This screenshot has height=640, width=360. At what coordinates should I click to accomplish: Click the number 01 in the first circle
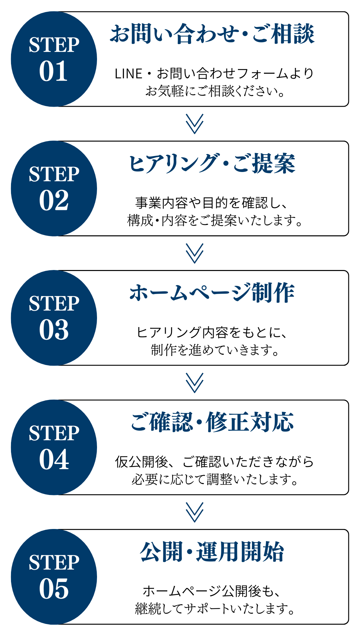click(x=54, y=71)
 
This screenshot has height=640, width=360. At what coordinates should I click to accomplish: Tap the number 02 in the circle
click(x=54, y=201)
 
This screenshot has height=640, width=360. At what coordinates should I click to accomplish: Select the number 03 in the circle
click(x=54, y=330)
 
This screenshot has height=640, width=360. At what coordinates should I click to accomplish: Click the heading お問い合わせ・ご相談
click(x=212, y=34)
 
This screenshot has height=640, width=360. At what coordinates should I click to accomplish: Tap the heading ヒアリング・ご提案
click(x=212, y=163)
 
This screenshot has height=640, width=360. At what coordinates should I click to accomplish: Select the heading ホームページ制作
click(x=212, y=293)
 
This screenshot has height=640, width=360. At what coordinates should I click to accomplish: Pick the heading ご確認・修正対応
click(x=212, y=422)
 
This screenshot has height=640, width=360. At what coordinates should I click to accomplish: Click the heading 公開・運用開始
click(x=212, y=552)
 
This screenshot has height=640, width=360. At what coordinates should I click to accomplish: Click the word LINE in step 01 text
click(x=128, y=74)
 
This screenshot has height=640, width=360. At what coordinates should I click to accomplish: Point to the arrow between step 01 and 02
click(x=195, y=124)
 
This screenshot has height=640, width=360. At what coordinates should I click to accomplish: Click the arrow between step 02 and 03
click(x=195, y=253)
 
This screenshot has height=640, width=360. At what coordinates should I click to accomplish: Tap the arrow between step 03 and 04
click(x=195, y=383)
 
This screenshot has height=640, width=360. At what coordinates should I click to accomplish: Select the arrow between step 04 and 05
click(x=195, y=512)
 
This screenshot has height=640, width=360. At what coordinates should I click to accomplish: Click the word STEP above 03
click(x=54, y=304)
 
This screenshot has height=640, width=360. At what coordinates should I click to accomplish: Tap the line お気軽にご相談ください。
click(x=215, y=91)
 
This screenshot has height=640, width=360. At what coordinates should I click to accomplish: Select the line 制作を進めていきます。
click(x=215, y=350)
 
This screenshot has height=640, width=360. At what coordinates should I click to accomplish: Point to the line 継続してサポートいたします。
click(x=215, y=609)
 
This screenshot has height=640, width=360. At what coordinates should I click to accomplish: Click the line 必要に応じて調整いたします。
click(x=215, y=479)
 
